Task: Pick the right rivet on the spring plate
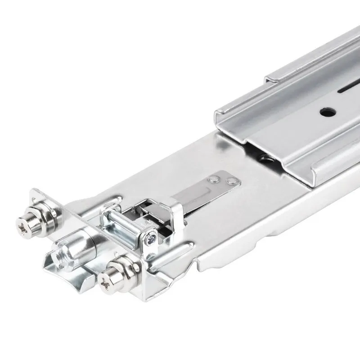[232, 181]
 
